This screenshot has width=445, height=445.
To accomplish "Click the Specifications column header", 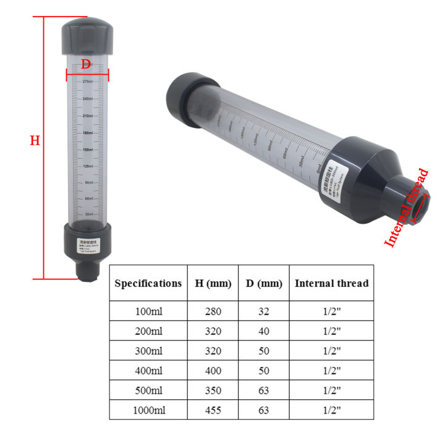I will click(148, 283).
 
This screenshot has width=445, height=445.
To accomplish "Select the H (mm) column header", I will click(213, 283).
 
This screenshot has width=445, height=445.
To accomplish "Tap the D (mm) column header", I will click(263, 283).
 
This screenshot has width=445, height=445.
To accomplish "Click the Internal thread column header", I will click(331, 283).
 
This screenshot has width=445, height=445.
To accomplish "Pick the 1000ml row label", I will click(148, 410).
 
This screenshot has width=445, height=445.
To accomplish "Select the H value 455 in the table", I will click(213, 410).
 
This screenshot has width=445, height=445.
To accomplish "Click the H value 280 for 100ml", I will click(213, 311).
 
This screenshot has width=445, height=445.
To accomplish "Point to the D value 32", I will click(263, 311).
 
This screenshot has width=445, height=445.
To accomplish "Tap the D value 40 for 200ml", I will click(263, 331).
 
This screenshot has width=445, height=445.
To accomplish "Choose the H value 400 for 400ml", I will click(213, 370).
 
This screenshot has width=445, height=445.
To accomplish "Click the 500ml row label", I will click(148, 390).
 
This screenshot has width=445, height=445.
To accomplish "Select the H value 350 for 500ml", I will click(213, 390).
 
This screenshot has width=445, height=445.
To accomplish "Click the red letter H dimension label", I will click(35, 141).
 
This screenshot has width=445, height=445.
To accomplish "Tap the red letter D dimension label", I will click(87, 64).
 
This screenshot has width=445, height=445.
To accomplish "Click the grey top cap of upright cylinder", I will click(87, 37).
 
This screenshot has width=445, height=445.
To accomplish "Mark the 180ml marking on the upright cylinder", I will click(88, 132).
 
